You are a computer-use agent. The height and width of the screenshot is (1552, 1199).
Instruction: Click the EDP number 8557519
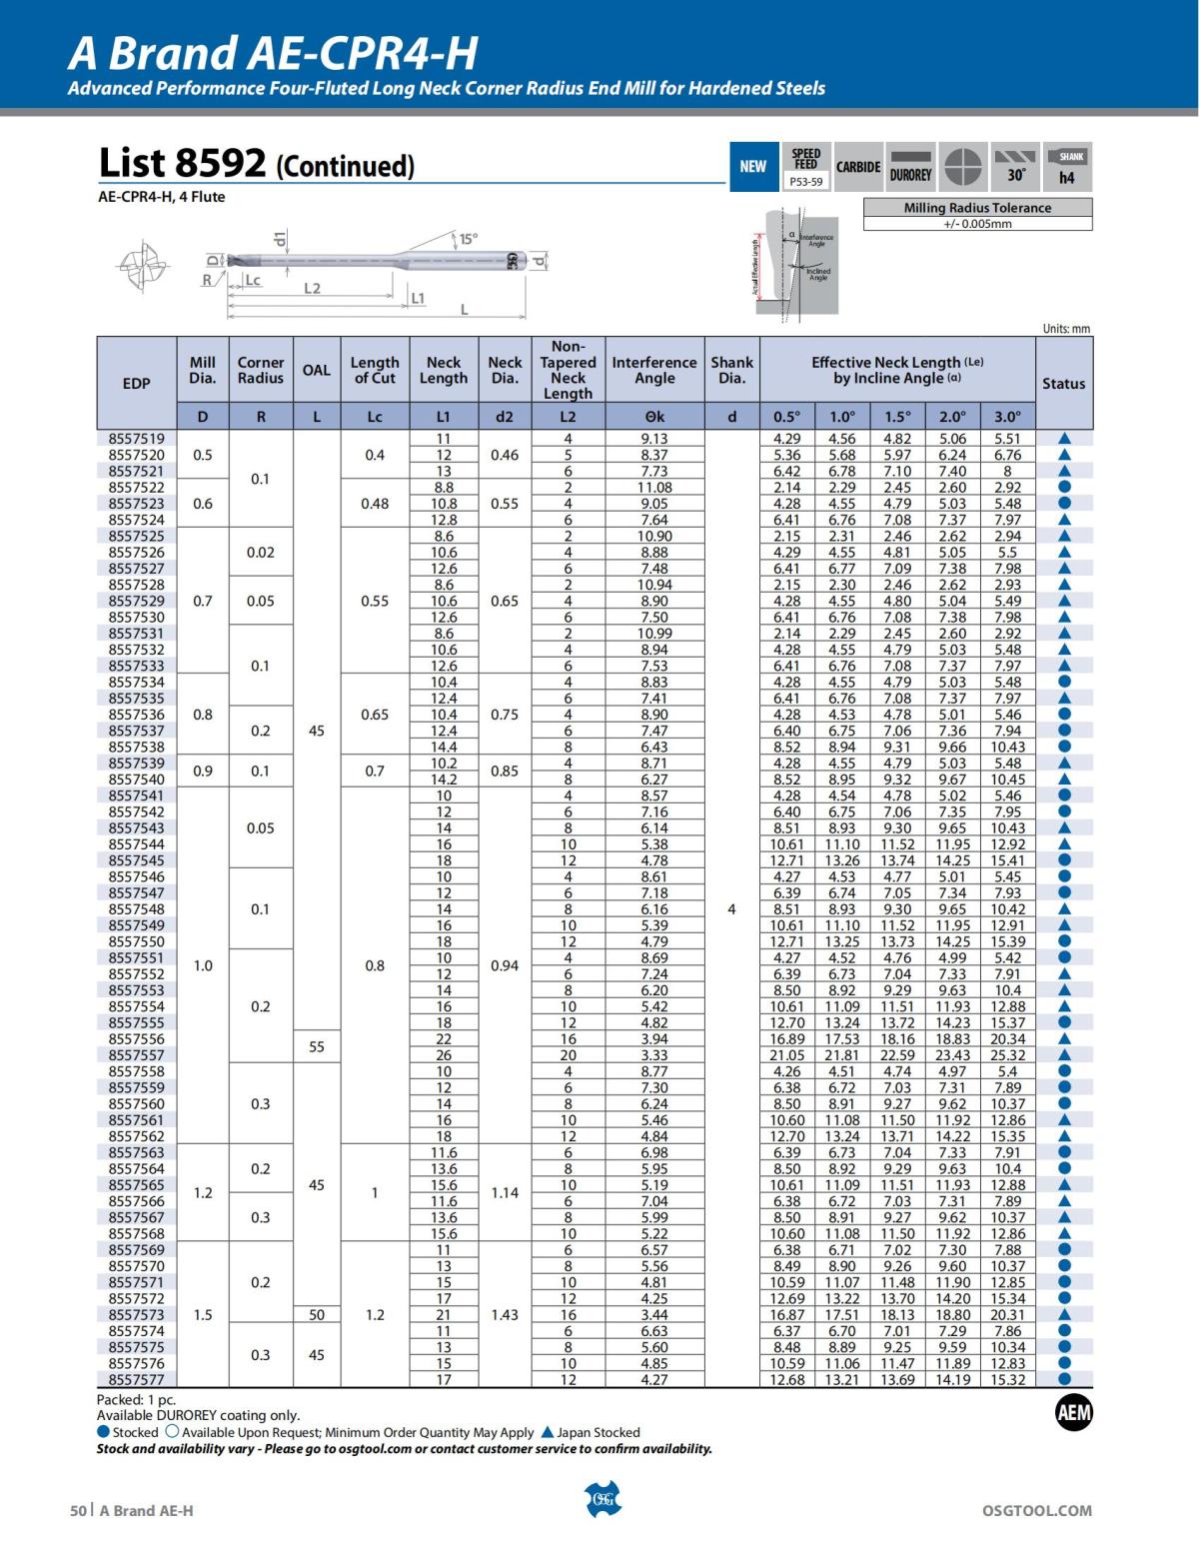[136, 439]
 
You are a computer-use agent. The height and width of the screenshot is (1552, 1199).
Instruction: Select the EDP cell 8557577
[136, 1380]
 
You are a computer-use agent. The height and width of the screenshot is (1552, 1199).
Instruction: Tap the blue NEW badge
[752, 167]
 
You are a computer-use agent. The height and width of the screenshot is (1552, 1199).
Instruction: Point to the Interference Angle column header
[654, 370]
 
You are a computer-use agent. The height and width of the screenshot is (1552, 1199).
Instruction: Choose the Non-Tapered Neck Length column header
[568, 370]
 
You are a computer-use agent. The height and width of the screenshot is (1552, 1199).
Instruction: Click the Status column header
[1063, 383]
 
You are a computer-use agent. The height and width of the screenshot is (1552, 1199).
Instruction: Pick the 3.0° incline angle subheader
[1007, 417]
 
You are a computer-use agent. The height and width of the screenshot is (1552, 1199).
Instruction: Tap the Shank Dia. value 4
[731, 909]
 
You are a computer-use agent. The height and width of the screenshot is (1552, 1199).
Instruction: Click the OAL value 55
[317, 1047]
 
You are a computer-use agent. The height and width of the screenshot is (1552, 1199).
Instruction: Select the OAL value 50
[317, 1315]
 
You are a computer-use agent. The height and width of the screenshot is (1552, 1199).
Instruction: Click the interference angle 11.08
[654, 488]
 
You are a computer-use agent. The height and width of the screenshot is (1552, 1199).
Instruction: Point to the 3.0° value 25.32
[1007, 1055]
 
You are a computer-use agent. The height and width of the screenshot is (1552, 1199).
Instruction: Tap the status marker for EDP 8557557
[1064, 1055]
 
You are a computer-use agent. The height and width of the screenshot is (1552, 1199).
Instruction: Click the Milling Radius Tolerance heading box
[977, 208]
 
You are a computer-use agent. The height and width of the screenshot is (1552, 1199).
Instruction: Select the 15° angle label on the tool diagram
[468, 239]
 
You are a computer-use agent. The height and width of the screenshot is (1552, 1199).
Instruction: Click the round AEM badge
[1073, 1413]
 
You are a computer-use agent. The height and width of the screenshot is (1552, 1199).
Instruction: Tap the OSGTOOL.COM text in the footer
[1037, 1511]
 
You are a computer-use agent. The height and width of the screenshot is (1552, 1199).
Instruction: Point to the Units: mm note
[1065, 329]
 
